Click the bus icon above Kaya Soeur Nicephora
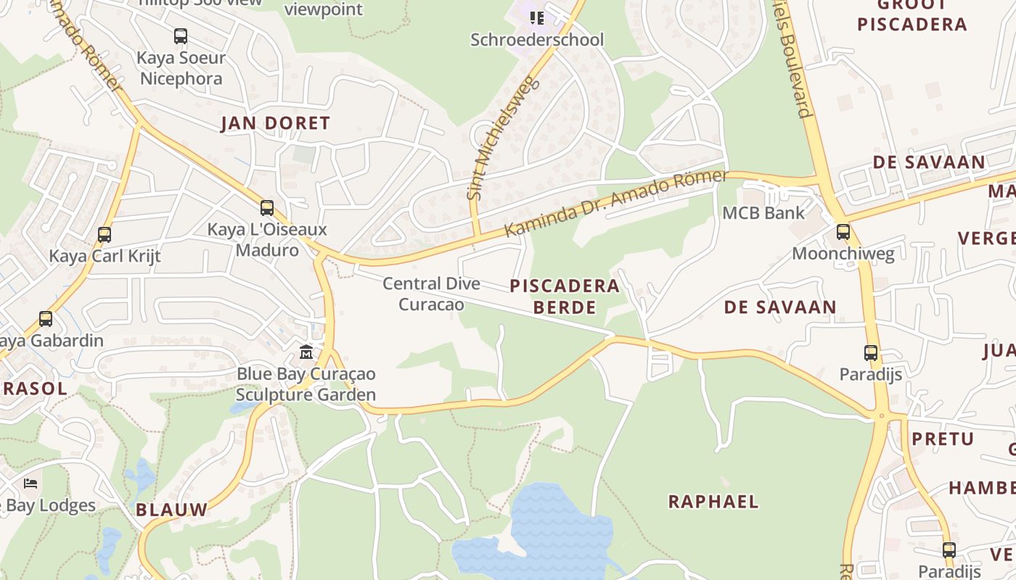(x=181, y=36)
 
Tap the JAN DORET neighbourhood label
(x=275, y=123)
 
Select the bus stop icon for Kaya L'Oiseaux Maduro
(x=267, y=208)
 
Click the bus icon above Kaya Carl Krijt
(x=105, y=234)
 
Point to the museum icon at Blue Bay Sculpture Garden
(x=306, y=352)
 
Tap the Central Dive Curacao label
(x=431, y=294)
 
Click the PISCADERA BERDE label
(x=565, y=296)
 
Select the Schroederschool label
(x=536, y=40)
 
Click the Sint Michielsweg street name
(x=503, y=138)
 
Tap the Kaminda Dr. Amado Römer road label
(x=615, y=204)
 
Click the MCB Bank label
(x=763, y=212)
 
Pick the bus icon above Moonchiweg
(x=843, y=232)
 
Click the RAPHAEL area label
(x=713, y=501)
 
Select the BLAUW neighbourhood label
(x=171, y=510)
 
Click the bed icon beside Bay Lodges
(x=30, y=483)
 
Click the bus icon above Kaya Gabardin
(x=46, y=319)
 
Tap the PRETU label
(x=943, y=439)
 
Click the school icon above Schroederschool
(x=536, y=17)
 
